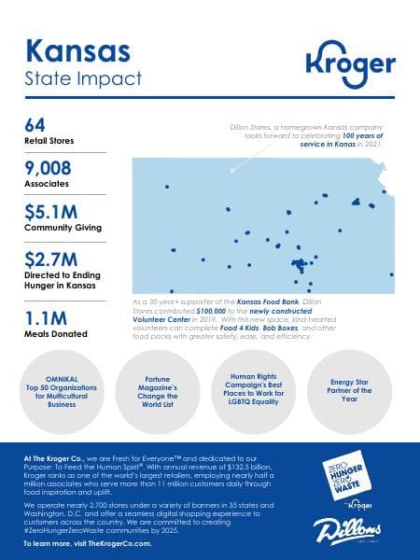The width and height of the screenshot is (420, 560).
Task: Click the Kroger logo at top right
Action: click(350, 63)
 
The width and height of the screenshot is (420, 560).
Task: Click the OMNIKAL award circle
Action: click(62, 391)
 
